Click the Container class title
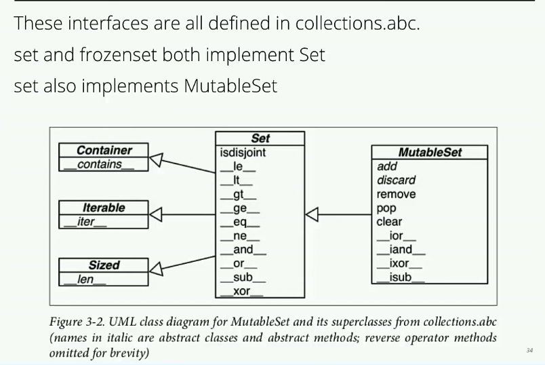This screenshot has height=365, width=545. [104, 151]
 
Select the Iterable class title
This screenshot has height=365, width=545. [104, 208]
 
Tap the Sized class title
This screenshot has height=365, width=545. [104, 265]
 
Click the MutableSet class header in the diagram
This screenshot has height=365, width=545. [430, 152]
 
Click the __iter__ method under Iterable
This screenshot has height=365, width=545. [87, 222]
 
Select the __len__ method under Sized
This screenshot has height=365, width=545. [85, 280]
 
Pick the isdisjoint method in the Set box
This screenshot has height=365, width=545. [243, 153]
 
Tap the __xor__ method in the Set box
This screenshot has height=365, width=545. [241, 292]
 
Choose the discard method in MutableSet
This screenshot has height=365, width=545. [396, 180]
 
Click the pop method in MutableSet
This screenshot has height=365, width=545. [386, 208]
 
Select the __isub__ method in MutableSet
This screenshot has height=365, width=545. [401, 277]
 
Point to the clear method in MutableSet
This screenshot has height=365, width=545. [389, 222]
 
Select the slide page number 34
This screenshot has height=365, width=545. [529, 350]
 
